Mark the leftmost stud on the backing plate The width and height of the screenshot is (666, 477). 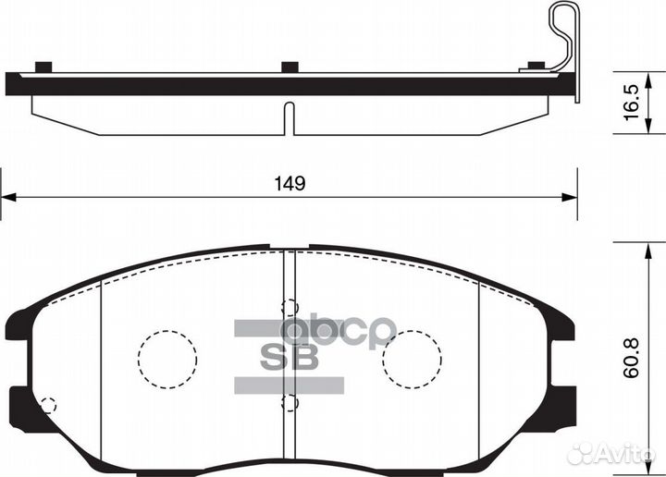point(42,67)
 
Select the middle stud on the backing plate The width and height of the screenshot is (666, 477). point(290,67)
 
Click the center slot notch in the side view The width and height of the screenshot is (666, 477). point(289,120)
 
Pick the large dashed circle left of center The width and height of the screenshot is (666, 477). point(166,359)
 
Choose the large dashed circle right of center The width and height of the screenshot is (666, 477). point(412,359)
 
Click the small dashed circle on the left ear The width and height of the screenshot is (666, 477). point(48,404)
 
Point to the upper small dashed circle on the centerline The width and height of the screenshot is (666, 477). point(290,309)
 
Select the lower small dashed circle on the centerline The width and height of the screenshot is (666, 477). point(290,403)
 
